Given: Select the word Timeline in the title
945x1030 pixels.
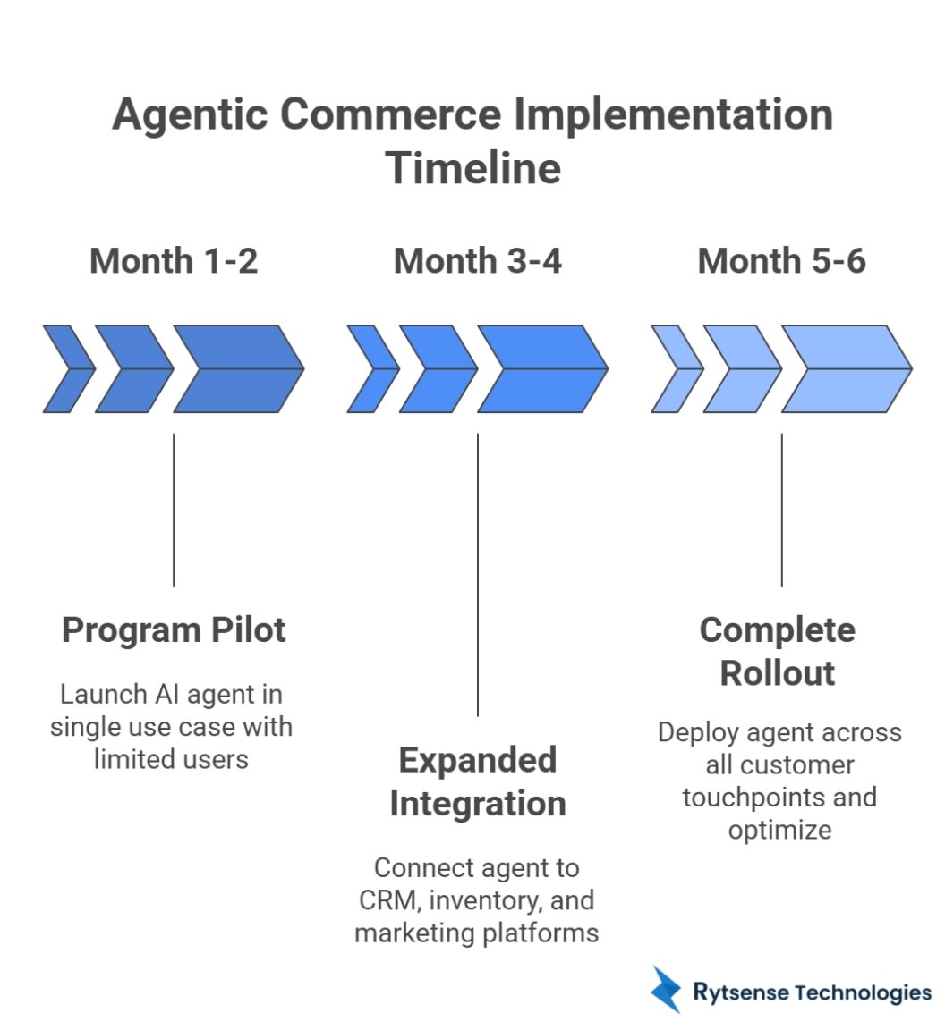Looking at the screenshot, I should pyautogui.click(x=473, y=169).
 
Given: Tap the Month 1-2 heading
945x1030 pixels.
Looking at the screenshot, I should pyautogui.click(x=174, y=261).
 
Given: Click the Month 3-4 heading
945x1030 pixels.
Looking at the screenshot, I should pyautogui.click(x=478, y=261).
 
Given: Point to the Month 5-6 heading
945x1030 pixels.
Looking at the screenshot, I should pyautogui.click(x=781, y=261).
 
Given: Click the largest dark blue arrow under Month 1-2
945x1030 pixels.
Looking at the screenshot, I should pyautogui.click(x=238, y=368).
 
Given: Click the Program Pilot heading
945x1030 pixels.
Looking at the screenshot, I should pyautogui.click(x=174, y=630).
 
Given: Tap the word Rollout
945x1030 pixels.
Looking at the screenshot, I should pyautogui.click(x=778, y=673).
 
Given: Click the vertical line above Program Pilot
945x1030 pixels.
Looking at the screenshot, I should pyautogui.click(x=174, y=510).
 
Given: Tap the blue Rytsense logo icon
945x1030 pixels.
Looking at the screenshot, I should pyautogui.click(x=667, y=989).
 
